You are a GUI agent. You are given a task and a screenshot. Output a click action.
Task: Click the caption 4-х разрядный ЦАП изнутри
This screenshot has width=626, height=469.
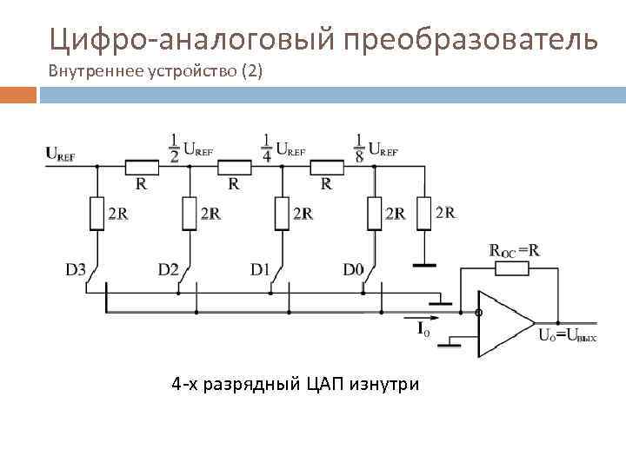tap(295, 383)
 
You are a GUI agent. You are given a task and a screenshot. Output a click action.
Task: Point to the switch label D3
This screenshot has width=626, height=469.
tap(76, 270)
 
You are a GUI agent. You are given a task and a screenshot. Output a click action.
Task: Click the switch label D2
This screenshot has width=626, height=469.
tap(169, 270)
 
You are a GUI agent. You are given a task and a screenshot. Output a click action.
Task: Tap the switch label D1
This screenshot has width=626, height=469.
tap(261, 270)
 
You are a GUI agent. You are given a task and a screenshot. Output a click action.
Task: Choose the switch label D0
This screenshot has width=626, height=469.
tap(353, 270)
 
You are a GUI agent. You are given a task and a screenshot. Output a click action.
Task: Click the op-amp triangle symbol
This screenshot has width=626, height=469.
tap(504, 323)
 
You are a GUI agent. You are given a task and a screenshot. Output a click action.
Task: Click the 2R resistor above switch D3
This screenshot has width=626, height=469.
tap(97, 213)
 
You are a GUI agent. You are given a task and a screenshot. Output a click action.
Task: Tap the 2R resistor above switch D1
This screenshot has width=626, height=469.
tap(282, 213)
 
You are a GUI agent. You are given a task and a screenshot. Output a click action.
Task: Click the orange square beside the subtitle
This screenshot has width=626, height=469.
tap(18, 94)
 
